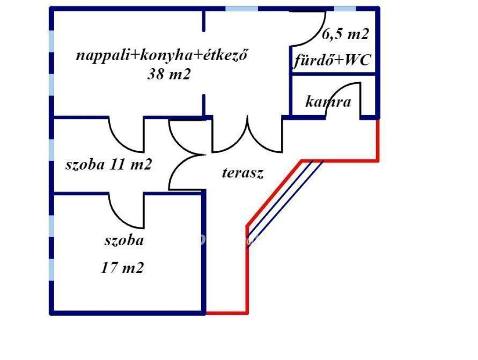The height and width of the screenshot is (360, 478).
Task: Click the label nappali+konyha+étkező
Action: (x=161, y=56)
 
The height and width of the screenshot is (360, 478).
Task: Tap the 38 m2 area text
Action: (x=169, y=75)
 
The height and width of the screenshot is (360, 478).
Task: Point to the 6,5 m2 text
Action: (x=346, y=34)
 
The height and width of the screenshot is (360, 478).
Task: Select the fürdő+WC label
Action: (x=332, y=61)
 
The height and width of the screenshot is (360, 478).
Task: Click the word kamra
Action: (x=328, y=101)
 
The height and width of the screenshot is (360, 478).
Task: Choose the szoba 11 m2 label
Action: (x=108, y=164)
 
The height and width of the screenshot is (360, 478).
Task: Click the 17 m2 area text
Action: (x=122, y=268)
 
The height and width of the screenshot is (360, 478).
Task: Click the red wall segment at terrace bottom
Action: (x=226, y=312)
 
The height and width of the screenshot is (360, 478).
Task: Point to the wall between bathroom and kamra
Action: (x=333, y=74)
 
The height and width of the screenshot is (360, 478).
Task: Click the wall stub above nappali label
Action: (x=204, y=21)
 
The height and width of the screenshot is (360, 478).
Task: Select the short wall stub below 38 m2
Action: (x=204, y=105)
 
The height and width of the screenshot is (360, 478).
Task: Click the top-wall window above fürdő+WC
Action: (x=345, y=9)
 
